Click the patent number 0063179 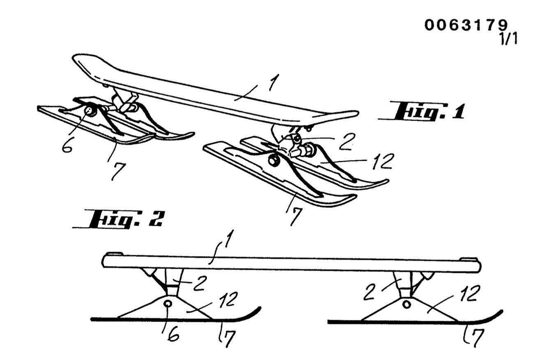(x=466, y=25)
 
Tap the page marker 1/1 (x=508, y=39)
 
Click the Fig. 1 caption (x=421, y=112)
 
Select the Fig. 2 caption (x=117, y=218)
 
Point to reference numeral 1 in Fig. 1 (x=274, y=82)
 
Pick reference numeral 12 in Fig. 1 (x=382, y=161)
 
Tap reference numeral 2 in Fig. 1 (x=347, y=142)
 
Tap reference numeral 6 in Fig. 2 (x=173, y=334)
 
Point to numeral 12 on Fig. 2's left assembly (x=228, y=300)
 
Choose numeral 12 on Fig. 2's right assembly (x=470, y=294)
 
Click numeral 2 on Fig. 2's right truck (x=370, y=293)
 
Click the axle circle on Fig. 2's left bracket (x=168, y=304)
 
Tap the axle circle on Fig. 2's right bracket (x=407, y=305)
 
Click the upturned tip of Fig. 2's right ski (x=501, y=312)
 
